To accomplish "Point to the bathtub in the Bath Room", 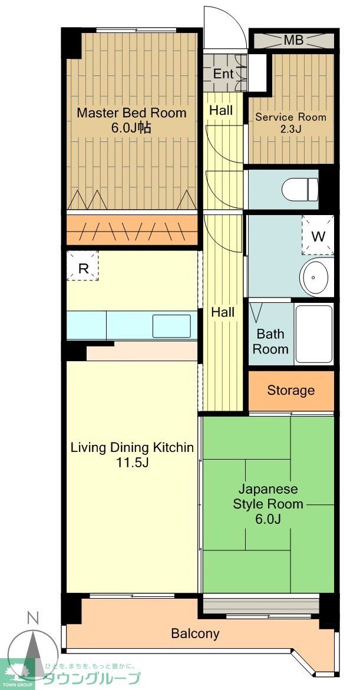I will [314, 334].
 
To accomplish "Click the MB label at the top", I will [293, 41].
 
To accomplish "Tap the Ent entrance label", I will [223, 74].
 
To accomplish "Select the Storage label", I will [290, 390].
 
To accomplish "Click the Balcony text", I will [195, 633].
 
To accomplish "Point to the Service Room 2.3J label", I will [290, 123].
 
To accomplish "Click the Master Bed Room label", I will [131, 120].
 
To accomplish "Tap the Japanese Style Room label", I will [268, 504].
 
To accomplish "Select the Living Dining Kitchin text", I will [132, 454].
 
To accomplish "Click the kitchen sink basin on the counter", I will [171, 326].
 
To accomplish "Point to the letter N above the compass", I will [34, 618].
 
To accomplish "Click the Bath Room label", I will [270, 341].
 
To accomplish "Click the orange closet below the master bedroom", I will [131, 229].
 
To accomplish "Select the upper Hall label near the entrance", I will [221, 110].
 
